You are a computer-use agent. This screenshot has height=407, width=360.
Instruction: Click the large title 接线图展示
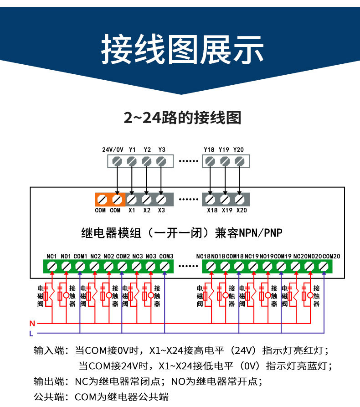pyautogui.click(x=182, y=49)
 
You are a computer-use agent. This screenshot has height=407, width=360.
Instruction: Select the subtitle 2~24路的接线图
pyautogui.click(x=182, y=118)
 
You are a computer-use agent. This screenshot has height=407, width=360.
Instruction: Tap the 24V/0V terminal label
pyautogui.click(x=113, y=149)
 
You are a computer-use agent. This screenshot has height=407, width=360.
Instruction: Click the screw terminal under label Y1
pyautogui.click(x=132, y=161)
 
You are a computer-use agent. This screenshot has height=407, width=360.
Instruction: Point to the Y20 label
pyautogui.click(x=238, y=149)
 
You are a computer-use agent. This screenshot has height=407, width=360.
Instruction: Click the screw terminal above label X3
pyautogui.click(x=161, y=200)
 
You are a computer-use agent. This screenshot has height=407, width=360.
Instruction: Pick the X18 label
pyautogui.click(x=212, y=210)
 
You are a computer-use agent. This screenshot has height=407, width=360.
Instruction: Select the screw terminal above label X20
pyautogui.click(x=240, y=200)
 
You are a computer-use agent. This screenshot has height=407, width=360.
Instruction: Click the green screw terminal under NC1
pyautogui.click(x=52, y=266)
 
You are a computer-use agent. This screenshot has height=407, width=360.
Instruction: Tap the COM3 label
pyautogui.click(x=166, y=256)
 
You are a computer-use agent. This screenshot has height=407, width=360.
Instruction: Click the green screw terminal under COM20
pyautogui.click(x=323, y=266)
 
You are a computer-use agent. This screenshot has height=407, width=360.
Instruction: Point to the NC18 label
pyautogui.click(x=203, y=256)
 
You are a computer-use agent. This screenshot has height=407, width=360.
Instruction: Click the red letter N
pyautogui.click(x=32, y=324)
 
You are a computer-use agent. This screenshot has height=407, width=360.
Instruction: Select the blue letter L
pyautogui.click(x=31, y=333)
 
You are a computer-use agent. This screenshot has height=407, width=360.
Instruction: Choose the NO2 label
pyautogui.click(x=109, y=256)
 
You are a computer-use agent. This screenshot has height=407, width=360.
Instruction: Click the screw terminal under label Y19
pyautogui.click(x=225, y=161)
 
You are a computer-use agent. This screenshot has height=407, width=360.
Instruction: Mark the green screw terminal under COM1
pyautogui.click(x=80, y=266)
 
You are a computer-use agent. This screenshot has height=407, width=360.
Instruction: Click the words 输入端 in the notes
pyautogui.click(x=49, y=350)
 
